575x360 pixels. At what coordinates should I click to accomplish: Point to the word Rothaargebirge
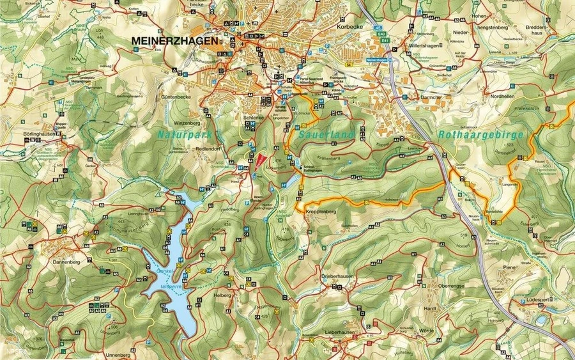click(481, 135)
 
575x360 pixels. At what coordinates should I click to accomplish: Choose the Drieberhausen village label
click(337, 276)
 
